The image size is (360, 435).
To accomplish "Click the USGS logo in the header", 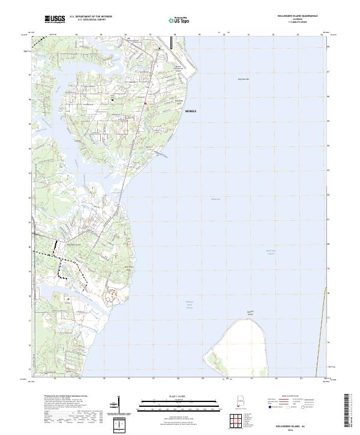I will [55, 19].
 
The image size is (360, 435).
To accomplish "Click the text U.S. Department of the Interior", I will [91, 17].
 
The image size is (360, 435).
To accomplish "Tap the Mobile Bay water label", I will [215, 199].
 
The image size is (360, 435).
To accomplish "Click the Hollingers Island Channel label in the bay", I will [190, 304].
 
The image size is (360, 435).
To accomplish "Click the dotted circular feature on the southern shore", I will [112, 294].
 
